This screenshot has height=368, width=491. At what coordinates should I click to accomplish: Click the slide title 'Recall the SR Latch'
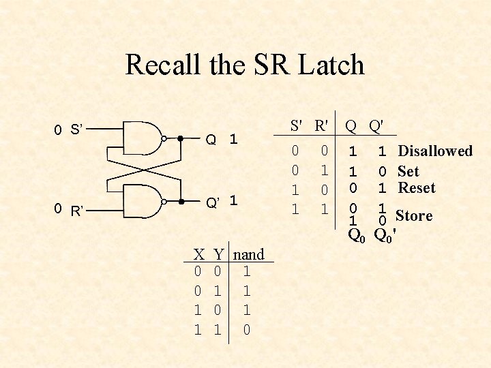[245, 65]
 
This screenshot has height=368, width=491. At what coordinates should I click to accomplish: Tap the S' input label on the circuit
[76, 129]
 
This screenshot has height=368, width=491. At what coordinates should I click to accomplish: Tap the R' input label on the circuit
[77, 211]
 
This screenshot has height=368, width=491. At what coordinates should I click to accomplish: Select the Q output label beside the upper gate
[211, 140]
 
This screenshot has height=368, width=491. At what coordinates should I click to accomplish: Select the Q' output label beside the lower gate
[213, 202]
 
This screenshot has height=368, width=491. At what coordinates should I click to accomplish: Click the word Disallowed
[435, 151]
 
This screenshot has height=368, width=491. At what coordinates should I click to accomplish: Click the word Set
[408, 171]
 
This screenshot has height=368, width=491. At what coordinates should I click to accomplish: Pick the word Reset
[416, 187]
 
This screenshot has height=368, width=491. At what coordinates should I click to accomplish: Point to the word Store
[414, 216]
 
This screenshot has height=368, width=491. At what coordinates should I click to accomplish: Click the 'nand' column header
[249, 255]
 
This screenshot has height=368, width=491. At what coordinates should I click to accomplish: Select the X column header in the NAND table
[198, 255]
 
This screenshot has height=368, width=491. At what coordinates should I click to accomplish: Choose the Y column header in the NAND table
[218, 255]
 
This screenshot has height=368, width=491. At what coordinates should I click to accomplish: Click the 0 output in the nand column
[247, 330]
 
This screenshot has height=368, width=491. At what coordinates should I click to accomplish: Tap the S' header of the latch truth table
[297, 125]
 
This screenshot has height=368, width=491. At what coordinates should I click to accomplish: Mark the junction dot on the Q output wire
[180, 138]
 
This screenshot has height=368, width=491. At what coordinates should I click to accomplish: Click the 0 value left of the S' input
[59, 129]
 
